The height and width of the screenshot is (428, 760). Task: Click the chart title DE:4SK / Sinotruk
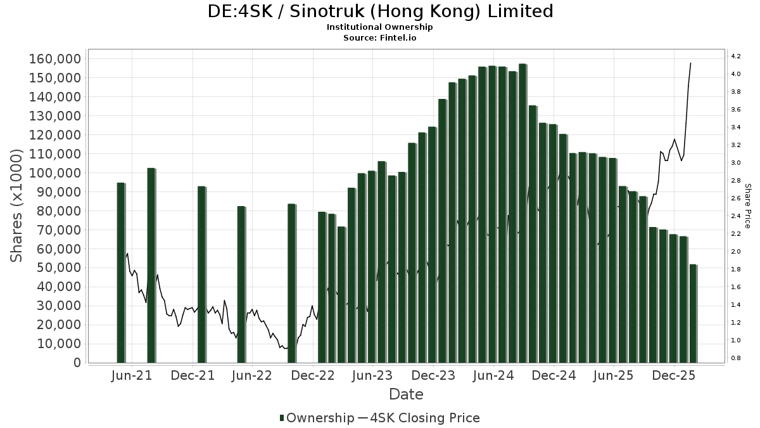point(380,11)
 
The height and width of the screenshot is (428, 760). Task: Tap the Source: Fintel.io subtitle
point(380,37)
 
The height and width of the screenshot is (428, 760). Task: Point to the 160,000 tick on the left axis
point(55,59)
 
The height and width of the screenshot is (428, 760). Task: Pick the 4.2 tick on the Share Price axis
point(736,56)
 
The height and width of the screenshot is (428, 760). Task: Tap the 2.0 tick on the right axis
point(736,252)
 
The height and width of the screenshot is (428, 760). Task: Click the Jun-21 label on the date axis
point(132,375)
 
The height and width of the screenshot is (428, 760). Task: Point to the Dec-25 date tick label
point(674,375)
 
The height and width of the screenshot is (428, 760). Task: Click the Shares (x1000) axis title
point(17,206)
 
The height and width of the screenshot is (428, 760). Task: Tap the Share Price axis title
point(747,206)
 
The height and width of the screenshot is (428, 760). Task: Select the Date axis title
point(406,394)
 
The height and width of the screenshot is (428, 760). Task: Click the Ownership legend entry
point(317,418)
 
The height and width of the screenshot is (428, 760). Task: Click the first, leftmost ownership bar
point(120,273)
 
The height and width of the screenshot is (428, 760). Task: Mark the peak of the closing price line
point(690,63)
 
